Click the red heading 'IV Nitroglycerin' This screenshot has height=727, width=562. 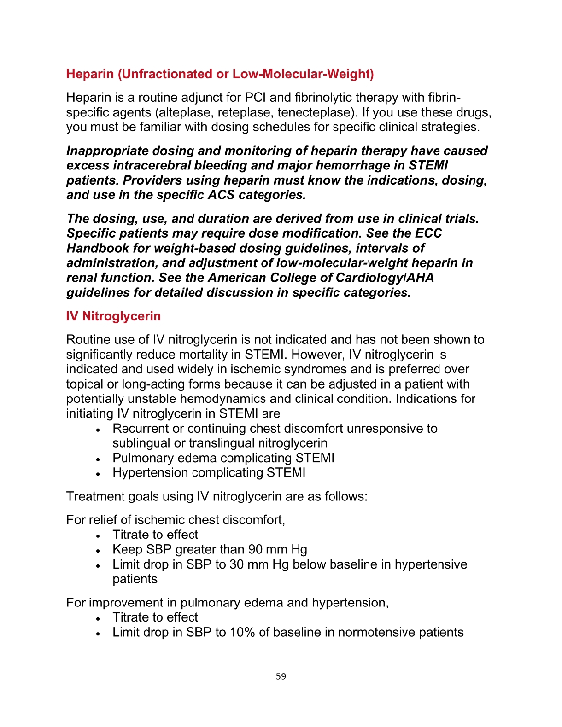coord(113,316)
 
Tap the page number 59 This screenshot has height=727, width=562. coord(281,676)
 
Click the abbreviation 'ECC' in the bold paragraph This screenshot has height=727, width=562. coord(428,233)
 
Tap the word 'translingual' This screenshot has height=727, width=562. coord(221,443)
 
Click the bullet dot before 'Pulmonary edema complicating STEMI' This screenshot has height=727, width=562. coord(98,459)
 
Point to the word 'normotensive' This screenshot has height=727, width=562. coord(376,632)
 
